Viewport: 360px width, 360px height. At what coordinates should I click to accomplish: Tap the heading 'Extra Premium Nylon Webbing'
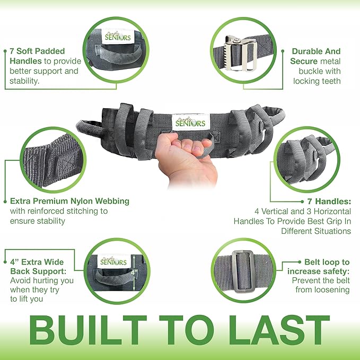(69, 201)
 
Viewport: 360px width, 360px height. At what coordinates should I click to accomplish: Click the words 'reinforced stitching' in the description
(67, 210)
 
